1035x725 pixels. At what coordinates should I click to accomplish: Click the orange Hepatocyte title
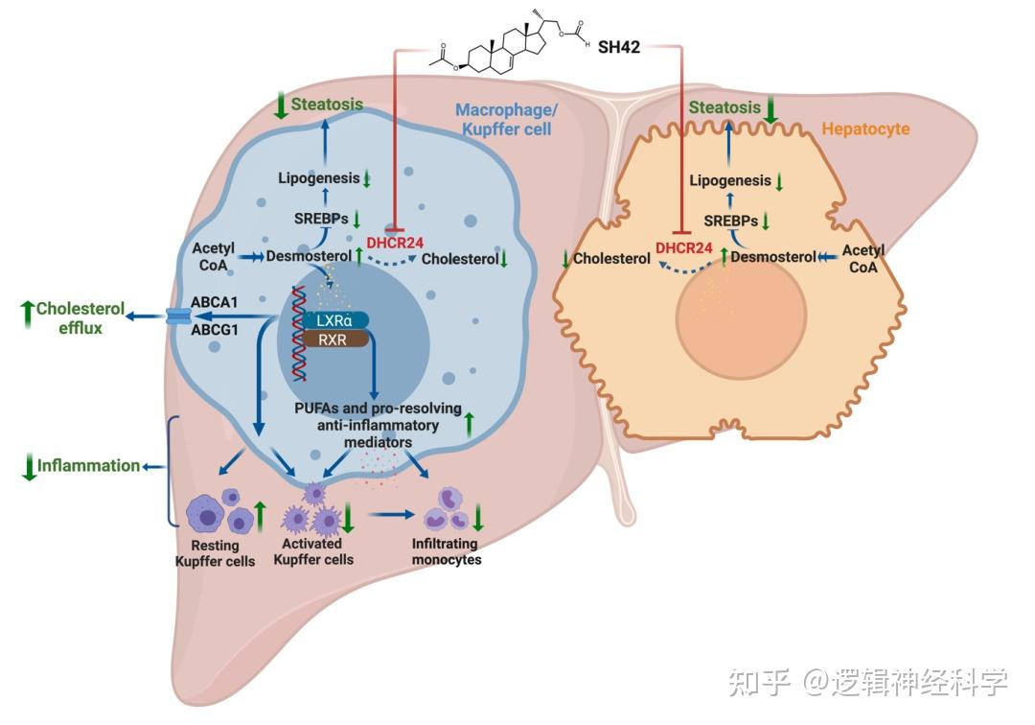pos(867,128)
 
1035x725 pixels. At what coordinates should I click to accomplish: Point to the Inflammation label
pos(88,465)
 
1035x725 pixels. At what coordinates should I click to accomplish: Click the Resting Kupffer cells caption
pos(215,553)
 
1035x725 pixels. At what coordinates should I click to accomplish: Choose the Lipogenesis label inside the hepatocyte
pos(730,180)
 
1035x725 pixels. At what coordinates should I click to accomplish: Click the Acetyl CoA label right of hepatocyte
pos(862,258)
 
